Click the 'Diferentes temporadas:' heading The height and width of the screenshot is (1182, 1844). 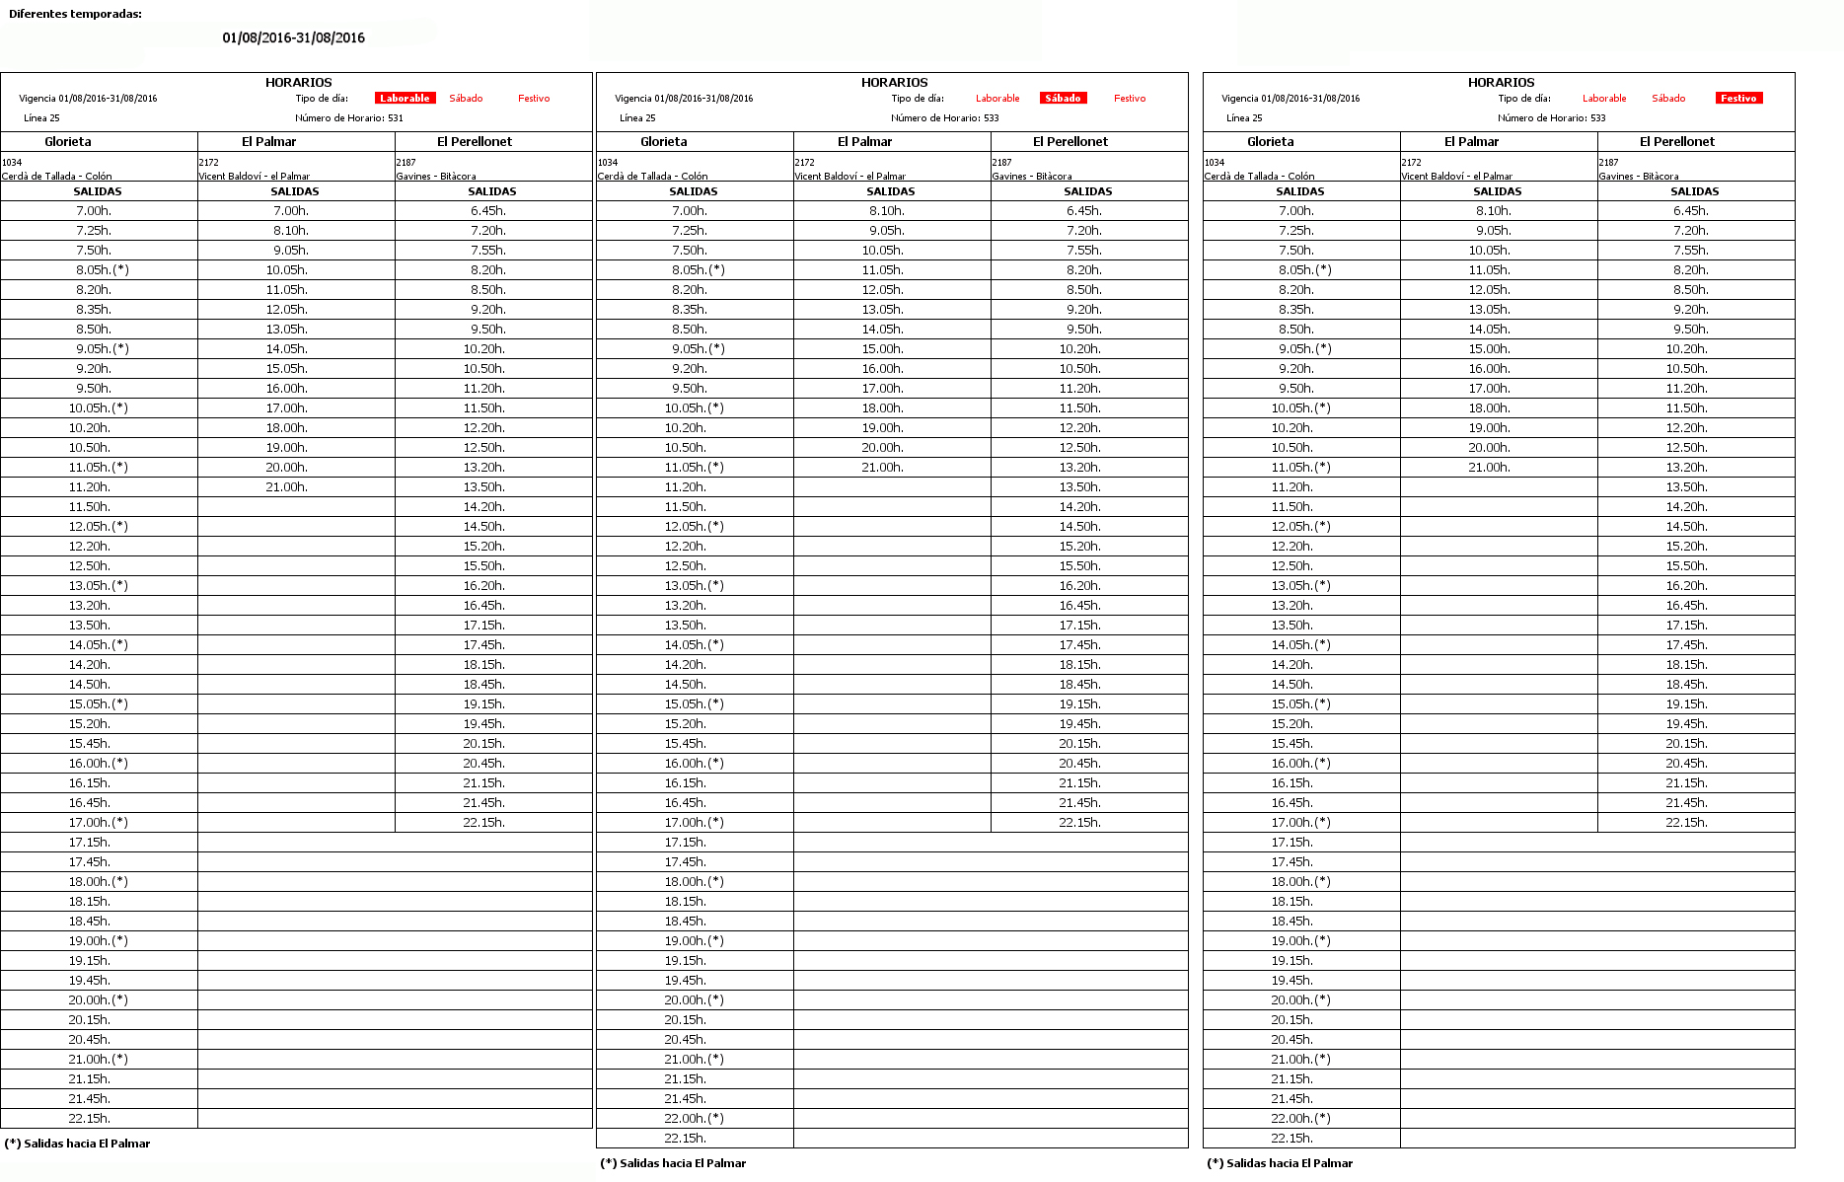75,14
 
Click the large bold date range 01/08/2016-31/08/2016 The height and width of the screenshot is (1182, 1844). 293,37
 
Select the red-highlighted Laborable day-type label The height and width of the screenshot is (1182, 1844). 405,99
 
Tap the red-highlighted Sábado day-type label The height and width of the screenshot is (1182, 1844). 1063,99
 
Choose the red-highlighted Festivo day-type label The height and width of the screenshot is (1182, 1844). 1738,99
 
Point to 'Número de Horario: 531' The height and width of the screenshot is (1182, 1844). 349,118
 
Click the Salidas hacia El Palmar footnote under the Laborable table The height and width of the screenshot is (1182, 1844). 78,1144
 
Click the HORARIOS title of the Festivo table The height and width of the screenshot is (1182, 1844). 1501,83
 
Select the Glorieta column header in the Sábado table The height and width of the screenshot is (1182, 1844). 664,142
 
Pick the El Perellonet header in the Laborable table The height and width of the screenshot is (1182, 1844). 475,142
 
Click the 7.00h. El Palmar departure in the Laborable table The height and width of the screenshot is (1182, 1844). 291,211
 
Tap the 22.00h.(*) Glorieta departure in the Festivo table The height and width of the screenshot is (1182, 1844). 1300,1119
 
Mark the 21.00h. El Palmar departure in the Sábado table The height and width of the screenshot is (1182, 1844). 882,468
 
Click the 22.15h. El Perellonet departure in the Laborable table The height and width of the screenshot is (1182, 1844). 484,823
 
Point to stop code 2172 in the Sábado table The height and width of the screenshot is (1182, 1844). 805,163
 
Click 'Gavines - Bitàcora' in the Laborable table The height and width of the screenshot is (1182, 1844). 436,177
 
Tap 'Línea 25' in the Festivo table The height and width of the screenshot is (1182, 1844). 1244,118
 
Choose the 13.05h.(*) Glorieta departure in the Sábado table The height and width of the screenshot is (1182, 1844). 694,586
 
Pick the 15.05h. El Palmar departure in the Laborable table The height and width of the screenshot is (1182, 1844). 287,369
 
